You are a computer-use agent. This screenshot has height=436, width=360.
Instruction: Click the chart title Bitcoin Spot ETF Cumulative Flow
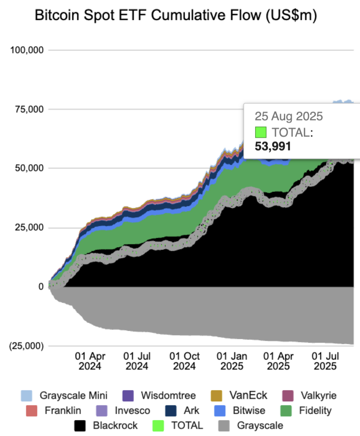[176, 16]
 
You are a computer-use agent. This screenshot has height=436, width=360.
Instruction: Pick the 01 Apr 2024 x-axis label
[90, 361]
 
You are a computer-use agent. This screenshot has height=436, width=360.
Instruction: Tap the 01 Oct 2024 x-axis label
[184, 361]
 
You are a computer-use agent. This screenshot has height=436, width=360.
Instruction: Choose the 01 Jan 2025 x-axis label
[232, 361]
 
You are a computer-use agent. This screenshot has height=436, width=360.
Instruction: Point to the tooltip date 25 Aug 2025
[289, 116]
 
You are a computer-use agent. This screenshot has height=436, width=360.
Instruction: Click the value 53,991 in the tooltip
[273, 146]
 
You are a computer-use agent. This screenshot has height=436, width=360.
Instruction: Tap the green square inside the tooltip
[261, 133]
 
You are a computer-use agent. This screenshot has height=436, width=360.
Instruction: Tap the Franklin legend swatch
[32, 411]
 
